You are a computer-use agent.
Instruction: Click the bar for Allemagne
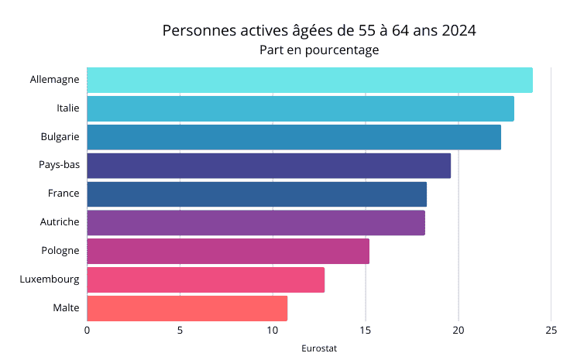pyautogui.click(x=310, y=81)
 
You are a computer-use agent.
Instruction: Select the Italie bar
pyautogui.click(x=301, y=109)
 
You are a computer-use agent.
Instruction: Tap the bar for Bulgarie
pyautogui.click(x=294, y=137)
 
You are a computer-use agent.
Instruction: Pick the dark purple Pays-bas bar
pyautogui.click(x=269, y=166)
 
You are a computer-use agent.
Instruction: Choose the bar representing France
pyautogui.click(x=256, y=194)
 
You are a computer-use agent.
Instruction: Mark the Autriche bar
pyautogui.click(x=256, y=223)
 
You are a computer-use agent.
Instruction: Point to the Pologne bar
pyautogui.click(x=228, y=252)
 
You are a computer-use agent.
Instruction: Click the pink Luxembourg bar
pyautogui.click(x=205, y=280)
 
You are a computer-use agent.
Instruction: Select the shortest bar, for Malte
pyautogui.click(x=187, y=308)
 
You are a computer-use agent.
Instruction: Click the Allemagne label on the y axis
pyautogui.click(x=54, y=80)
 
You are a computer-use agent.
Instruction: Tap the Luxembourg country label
pyautogui.click(x=50, y=279)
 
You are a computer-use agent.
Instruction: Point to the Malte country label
pyautogui.click(x=66, y=308)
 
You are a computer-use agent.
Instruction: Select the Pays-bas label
pyautogui.click(x=59, y=165)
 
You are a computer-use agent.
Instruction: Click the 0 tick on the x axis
pyautogui.click(x=87, y=331)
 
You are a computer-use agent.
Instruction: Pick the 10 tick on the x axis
pyautogui.click(x=273, y=331)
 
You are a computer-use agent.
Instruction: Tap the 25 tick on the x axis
pyautogui.click(x=551, y=331)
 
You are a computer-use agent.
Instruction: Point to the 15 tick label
pyautogui.click(x=366, y=331)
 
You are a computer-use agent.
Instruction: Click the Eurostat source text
pyautogui.click(x=319, y=348)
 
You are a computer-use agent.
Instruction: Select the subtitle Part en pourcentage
pyautogui.click(x=319, y=50)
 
